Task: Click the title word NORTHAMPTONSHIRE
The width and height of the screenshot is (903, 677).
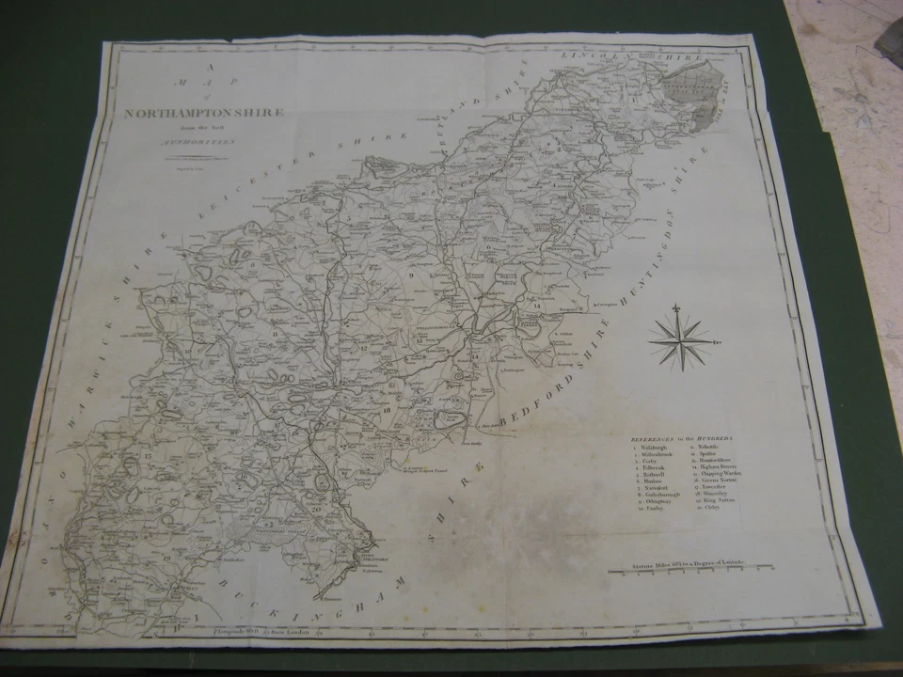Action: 204,114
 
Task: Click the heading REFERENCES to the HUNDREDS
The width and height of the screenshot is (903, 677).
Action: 683,438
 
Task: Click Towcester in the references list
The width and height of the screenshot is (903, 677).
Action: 721,487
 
